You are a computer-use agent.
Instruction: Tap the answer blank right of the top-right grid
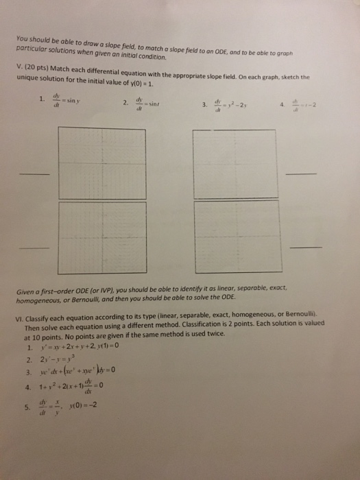pos(303,174)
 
